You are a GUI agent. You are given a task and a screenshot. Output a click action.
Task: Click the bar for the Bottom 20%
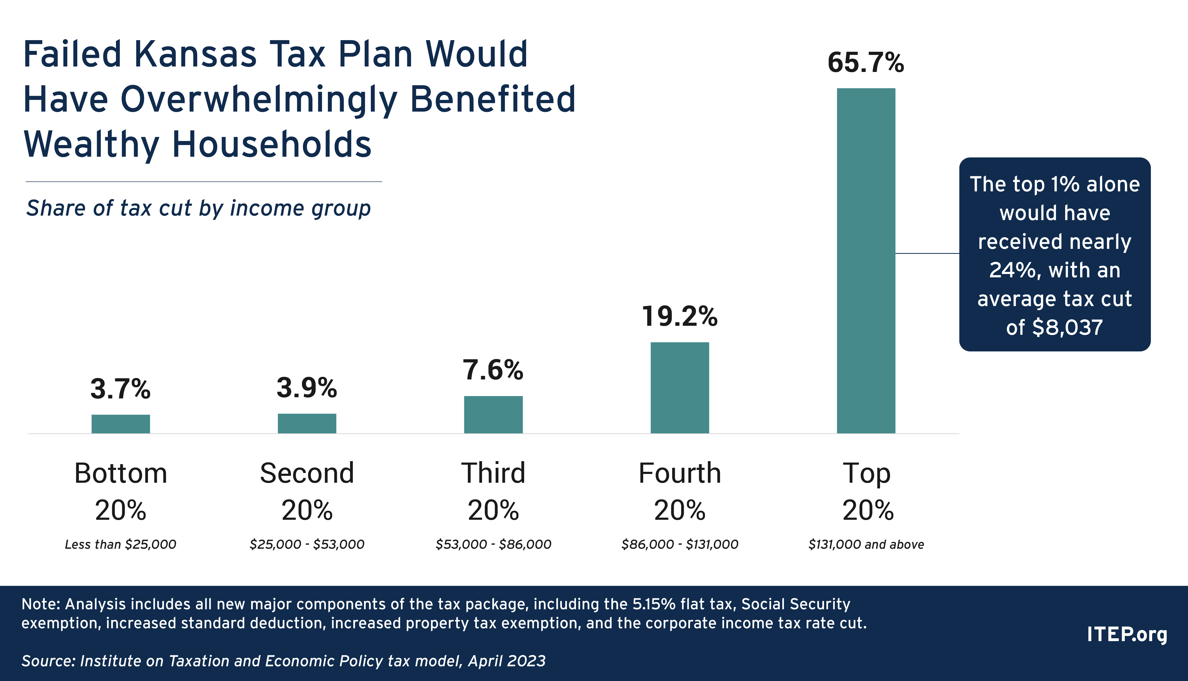coord(121,424)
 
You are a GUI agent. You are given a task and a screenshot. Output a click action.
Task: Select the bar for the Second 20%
coord(307,423)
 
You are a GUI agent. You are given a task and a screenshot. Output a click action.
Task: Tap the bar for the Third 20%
coord(493,414)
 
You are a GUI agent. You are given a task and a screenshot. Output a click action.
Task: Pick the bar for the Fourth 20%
coord(679,388)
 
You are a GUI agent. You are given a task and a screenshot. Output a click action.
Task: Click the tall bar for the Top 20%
coord(866,260)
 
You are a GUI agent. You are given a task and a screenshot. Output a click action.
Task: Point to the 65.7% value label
coord(866,63)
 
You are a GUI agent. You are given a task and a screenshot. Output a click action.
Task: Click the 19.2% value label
coord(679,317)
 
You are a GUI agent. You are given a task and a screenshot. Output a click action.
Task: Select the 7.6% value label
coord(493,370)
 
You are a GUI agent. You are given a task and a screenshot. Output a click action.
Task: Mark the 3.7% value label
coord(121,389)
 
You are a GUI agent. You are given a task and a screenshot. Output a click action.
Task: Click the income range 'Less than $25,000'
coord(121,544)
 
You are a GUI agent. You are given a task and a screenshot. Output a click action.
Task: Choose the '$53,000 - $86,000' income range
coord(493,544)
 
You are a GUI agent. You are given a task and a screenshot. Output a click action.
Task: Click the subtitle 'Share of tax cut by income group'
coord(198,208)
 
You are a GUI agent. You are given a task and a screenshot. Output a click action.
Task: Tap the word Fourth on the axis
coord(679,473)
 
